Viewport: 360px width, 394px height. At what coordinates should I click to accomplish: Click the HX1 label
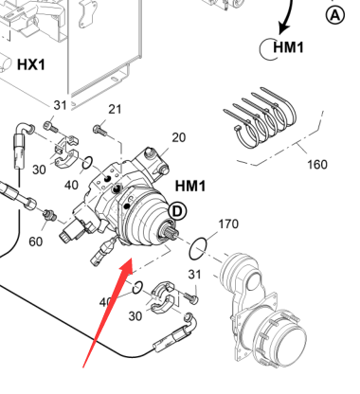click(31, 64)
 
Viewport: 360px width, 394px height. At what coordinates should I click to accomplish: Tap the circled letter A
click(335, 15)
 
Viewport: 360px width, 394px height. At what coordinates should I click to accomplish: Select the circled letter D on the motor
click(177, 211)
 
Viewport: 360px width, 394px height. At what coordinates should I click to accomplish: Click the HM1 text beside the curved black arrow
click(288, 47)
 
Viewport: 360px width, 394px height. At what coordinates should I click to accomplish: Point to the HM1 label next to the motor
click(190, 186)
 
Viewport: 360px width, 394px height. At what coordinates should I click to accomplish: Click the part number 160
click(317, 164)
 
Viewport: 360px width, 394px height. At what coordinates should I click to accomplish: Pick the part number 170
click(228, 224)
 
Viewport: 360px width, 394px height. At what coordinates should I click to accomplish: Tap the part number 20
click(178, 137)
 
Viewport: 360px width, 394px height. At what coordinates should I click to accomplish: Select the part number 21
click(115, 109)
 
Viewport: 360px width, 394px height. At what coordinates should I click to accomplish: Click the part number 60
click(35, 242)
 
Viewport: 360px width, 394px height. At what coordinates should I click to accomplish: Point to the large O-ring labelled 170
click(198, 249)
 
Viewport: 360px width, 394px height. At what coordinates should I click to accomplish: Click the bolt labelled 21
click(99, 130)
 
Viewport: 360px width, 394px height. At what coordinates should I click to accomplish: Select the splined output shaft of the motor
click(171, 232)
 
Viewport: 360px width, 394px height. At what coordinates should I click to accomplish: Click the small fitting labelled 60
click(50, 215)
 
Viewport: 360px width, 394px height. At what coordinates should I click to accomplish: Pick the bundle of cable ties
click(260, 118)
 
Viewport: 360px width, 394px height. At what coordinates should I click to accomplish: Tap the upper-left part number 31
click(60, 105)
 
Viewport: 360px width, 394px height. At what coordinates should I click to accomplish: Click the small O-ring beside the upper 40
click(87, 163)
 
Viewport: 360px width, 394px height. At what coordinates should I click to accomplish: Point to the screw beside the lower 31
click(190, 297)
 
